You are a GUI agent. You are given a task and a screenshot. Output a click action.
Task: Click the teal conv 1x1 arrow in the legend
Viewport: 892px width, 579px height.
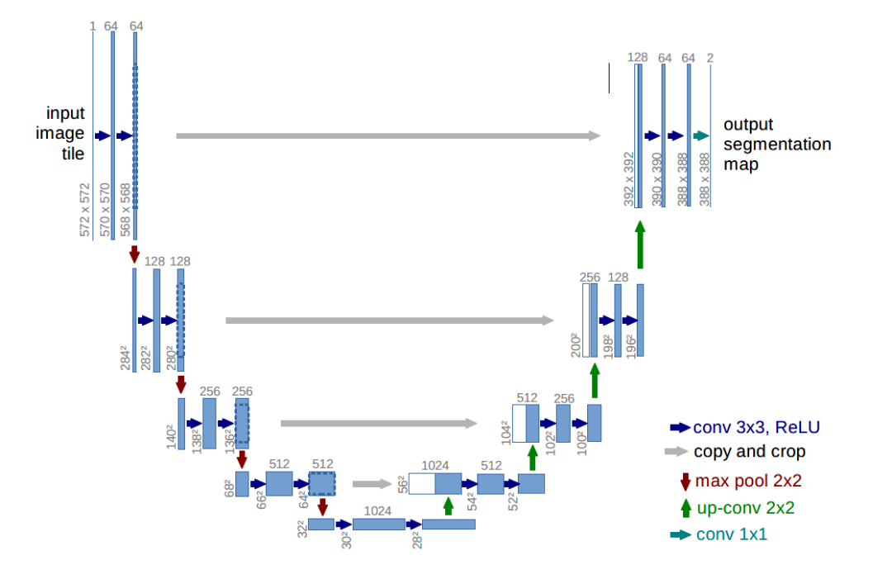[680, 534]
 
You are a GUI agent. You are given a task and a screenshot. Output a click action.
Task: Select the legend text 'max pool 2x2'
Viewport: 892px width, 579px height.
[748, 481]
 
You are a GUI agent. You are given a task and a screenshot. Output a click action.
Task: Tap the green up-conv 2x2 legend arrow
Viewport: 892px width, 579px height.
[684, 507]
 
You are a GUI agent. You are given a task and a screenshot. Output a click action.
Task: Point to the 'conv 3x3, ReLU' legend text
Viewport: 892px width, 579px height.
[757, 427]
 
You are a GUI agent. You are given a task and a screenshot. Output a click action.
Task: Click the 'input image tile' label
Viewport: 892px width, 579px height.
[65, 132]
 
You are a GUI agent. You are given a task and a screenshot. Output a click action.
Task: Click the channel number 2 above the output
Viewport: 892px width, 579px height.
[710, 57]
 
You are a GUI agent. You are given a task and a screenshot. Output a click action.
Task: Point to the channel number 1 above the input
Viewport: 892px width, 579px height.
[93, 26]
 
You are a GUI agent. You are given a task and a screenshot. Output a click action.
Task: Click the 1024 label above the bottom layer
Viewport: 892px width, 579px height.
[377, 511]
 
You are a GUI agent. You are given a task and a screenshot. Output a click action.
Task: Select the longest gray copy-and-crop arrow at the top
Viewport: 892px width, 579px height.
[388, 135]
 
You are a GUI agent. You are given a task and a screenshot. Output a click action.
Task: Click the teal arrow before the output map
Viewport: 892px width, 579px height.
[701, 135]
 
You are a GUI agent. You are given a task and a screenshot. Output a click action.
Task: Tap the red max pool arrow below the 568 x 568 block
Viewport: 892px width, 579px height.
[135, 254]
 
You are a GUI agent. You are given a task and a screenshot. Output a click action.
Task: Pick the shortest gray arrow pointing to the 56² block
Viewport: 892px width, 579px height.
[371, 484]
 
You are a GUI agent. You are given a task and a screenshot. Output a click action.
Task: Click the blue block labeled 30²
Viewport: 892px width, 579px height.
[378, 524]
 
